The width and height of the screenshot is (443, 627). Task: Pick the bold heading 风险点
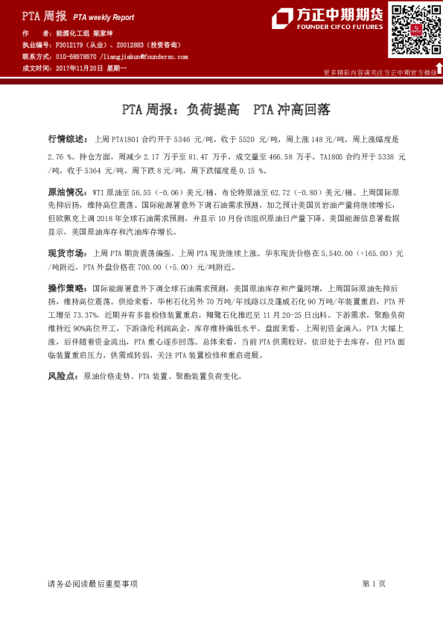coord(63,377)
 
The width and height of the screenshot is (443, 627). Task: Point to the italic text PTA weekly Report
coord(103,15)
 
